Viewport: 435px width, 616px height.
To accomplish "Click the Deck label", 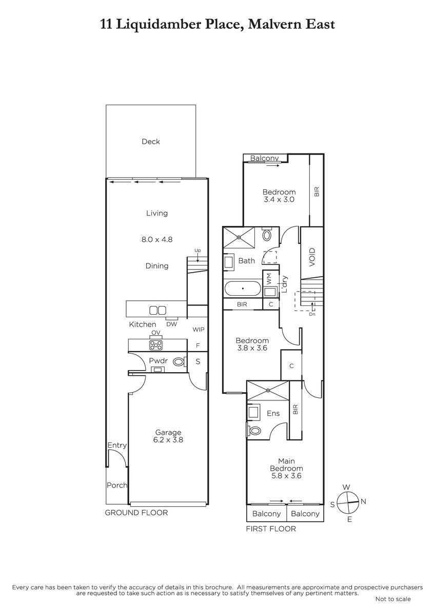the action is coord(151,141).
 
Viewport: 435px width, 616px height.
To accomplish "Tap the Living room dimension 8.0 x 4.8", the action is coord(157,239).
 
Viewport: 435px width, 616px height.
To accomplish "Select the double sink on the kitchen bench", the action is coord(157,310).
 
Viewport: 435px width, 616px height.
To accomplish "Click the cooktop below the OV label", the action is coord(156,345).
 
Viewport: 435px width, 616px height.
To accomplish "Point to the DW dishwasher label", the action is coord(172,324).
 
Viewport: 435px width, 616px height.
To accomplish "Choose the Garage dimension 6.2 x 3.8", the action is coord(168,439).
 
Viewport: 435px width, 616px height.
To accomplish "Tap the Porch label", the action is coord(117,485).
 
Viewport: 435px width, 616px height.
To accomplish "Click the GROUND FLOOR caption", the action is coord(136,513).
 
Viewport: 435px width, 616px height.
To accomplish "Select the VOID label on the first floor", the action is coord(312,257).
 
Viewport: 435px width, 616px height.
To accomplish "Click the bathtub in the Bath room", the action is coord(243,288).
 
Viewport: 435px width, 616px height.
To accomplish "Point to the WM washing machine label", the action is coord(269,279).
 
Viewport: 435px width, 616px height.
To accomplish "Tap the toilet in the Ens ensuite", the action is coord(253,430).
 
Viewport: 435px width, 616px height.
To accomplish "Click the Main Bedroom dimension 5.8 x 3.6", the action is coord(286,476).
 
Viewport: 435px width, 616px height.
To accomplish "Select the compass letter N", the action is coord(363,502).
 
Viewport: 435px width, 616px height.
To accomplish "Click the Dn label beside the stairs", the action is coord(312,314).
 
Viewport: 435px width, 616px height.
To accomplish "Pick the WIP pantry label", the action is coord(199,329).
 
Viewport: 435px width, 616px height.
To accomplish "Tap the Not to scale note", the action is coord(393,599).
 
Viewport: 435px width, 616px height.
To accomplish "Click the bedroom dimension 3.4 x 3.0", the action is coord(279,199).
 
